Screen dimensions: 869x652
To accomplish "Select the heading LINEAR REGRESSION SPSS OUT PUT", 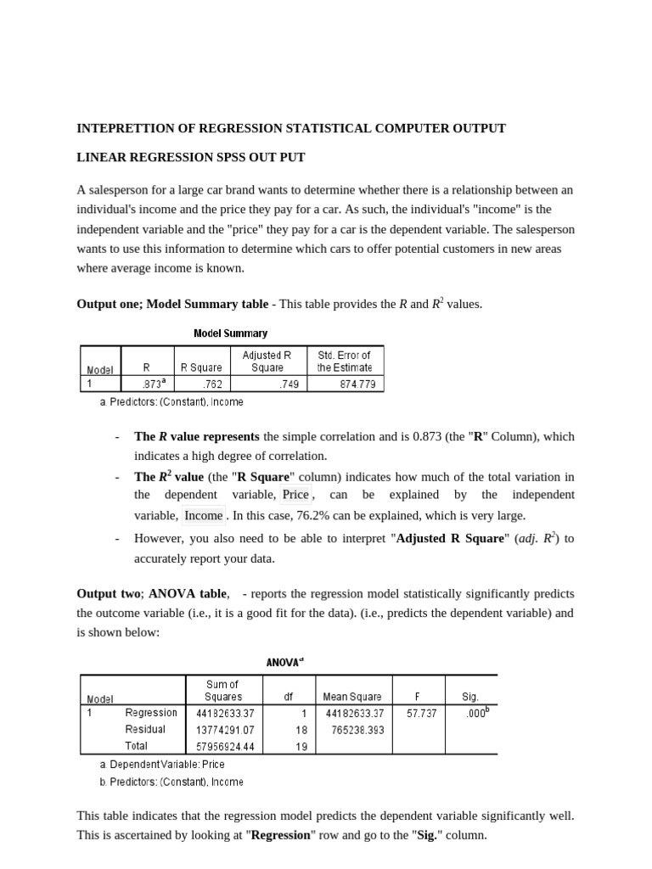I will (x=191, y=157).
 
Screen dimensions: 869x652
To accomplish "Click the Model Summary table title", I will (x=230, y=334).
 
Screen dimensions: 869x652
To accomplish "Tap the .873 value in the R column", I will (x=154, y=384).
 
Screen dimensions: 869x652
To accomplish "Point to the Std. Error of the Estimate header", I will (x=344, y=362).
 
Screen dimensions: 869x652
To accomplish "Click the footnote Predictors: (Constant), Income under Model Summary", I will (x=171, y=401).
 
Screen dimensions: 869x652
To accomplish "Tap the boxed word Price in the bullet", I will (x=295, y=495).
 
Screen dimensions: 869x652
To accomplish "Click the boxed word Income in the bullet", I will (x=204, y=515).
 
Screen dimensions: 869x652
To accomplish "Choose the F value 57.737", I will (x=422, y=714).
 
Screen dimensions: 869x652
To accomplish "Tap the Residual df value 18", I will (x=301, y=730).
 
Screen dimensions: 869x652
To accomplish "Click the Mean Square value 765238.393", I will (x=353, y=730).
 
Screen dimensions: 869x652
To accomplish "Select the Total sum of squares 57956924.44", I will (x=225, y=746).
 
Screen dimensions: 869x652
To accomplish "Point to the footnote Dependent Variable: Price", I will (x=162, y=764).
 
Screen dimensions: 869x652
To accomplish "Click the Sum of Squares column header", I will (x=222, y=690).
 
